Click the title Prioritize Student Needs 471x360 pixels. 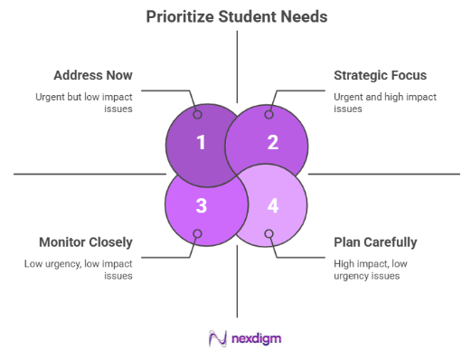tap(236, 15)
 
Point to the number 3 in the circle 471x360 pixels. tap(202, 205)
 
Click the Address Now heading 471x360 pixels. tap(94, 75)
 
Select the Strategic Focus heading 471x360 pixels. tap(380, 75)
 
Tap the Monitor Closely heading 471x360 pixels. tap(86, 242)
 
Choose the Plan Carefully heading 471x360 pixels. tap(376, 242)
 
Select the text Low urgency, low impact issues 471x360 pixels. tap(80, 269)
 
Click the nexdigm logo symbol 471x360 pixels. tap(217, 339)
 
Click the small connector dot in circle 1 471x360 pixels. tap(197, 114)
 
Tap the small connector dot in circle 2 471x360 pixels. tap(269, 114)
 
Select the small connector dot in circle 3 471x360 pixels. tap(197, 234)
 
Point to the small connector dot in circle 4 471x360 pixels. tap(269, 234)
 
